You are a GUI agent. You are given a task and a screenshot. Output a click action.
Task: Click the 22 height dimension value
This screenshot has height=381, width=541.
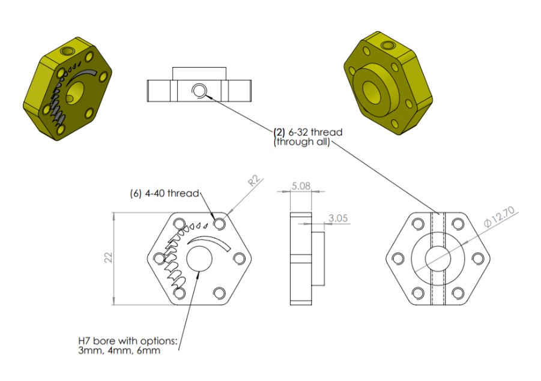pyautogui.click(x=108, y=257)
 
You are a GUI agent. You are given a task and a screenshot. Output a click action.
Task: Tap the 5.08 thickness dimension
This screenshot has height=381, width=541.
pyautogui.click(x=300, y=187)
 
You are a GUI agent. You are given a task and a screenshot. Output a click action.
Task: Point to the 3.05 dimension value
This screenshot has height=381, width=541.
pyautogui.click(x=339, y=219)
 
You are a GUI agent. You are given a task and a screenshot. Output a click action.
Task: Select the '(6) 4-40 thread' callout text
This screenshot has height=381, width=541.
pyautogui.click(x=164, y=193)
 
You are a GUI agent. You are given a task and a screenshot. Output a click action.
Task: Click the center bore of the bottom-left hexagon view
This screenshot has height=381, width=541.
pyautogui.click(x=199, y=259)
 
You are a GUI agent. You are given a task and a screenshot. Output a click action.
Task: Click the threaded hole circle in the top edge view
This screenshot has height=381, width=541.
pyautogui.click(x=199, y=91)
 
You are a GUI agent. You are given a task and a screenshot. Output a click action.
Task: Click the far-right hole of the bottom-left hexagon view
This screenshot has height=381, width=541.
pyautogui.click(x=239, y=258)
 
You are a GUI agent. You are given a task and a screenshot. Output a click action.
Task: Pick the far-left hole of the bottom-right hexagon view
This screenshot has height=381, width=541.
pyautogui.click(x=397, y=259)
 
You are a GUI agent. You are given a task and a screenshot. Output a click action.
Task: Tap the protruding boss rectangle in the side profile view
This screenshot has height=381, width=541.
pyautogui.click(x=318, y=258)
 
